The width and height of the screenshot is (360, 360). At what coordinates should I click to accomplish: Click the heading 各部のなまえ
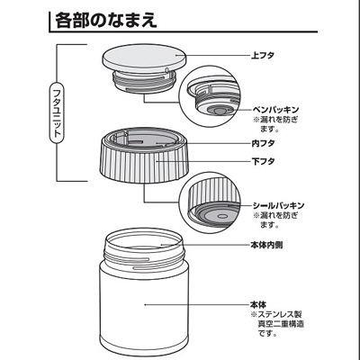click(x=105, y=21)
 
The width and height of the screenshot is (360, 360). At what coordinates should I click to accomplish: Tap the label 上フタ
click(x=263, y=56)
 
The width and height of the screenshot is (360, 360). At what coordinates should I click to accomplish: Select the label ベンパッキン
click(x=275, y=110)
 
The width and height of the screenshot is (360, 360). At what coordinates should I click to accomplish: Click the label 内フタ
click(x=263, y=143)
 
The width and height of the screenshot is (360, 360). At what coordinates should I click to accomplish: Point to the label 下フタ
click(x=263, y=161)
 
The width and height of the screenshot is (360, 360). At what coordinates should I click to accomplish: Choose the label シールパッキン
click(x=278, y=206)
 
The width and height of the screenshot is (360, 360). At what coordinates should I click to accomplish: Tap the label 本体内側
click(x=266, y=245)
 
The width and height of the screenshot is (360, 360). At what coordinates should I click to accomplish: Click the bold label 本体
click(x=258, y=305)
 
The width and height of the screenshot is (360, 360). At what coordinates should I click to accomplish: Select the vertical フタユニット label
click(x=57, y=113)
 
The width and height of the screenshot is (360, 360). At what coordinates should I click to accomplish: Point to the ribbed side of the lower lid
click(x=145, y=166)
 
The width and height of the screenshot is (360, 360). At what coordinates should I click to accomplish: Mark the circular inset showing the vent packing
click(x=210, y=96)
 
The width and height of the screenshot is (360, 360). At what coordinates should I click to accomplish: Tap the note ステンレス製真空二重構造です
click(x=277, y=324)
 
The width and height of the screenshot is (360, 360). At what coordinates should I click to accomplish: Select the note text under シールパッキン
click(x=276, y=220)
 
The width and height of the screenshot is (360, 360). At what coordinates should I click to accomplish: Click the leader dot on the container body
click(x=145, y=305)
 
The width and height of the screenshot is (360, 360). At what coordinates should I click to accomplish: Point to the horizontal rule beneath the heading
click(x=184, y=31)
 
